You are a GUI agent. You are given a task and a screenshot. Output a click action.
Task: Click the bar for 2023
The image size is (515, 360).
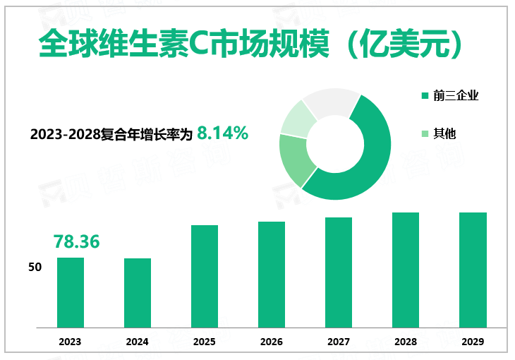[71, 292]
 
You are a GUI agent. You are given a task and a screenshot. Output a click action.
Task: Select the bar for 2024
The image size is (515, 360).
[138, 293]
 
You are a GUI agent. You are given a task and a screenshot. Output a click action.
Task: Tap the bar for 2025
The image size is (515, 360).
[205, 276]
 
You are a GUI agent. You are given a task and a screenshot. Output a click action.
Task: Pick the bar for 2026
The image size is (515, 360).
[272, 275]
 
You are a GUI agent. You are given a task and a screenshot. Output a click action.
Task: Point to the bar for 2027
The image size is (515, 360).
[339, 272]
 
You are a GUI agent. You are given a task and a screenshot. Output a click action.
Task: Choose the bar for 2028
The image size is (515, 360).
[406, 270]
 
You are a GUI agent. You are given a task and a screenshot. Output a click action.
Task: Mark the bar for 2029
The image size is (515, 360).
[473, 270]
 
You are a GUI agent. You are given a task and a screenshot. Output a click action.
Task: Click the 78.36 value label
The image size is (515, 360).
[76, 241]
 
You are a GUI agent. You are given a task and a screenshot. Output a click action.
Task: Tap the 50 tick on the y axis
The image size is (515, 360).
[35, 268]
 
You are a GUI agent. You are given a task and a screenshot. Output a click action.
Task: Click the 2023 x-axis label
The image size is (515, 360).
[71, 342]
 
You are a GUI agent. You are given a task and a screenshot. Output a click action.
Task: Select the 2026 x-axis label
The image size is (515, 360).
[272, 342]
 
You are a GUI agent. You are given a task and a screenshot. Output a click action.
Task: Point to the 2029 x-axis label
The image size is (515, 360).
[473, 342]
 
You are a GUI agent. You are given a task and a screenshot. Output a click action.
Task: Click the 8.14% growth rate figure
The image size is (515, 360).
[222, 132]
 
